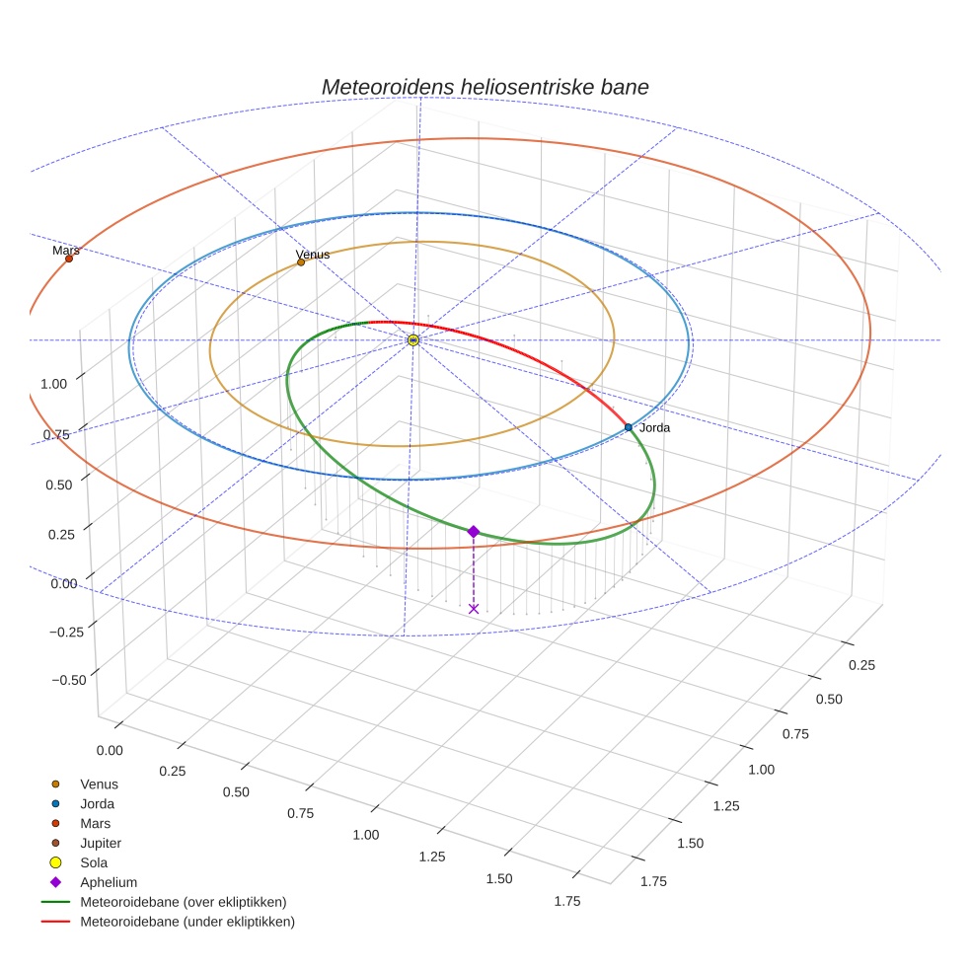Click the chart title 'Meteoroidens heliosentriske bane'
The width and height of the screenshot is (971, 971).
tap(485, 87)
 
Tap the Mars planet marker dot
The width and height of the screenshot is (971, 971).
tap(69, 259)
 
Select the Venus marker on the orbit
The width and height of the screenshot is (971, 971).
tap(301, 262)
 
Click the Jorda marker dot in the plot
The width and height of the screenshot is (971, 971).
tap(629, 427)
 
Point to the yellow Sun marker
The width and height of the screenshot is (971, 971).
tap(412, 339)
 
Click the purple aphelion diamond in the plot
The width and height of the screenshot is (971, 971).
tap(474, 532)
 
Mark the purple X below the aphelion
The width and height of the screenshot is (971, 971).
tap(474, 609)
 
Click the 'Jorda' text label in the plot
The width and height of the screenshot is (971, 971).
tap(654, 428)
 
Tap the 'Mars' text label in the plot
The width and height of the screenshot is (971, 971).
tap(66, 251)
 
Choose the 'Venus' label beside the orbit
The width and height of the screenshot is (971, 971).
tap(313, 256)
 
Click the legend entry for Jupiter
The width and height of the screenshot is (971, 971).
tap(101, 843)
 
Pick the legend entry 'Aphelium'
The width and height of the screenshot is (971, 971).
tap(109, 882)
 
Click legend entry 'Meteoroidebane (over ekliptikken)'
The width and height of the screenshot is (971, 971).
tap(183, 902)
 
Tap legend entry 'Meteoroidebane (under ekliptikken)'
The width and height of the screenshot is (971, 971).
tap(187, 922)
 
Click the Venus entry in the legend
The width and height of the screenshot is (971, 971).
tap(99, 784)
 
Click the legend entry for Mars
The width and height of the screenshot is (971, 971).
tap(96, 823)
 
